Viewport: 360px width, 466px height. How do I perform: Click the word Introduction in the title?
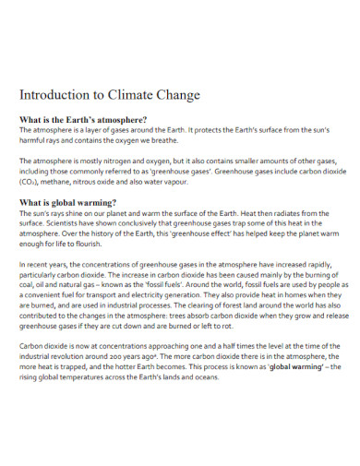pos(53,95)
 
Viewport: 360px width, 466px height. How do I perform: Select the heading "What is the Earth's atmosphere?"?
pos(83,120)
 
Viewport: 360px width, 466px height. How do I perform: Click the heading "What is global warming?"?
pos(70,202)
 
